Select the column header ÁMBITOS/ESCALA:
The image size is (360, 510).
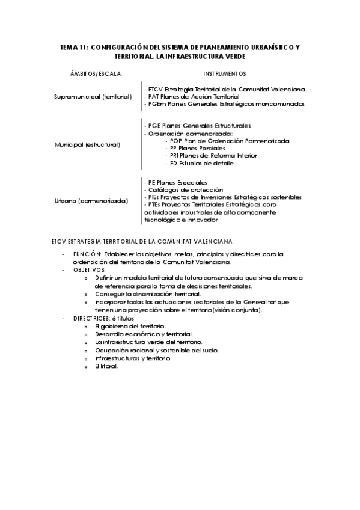click(x=96, y=74)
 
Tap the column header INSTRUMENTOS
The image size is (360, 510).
click(x=225, y=74)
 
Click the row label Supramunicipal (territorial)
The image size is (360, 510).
click(x=93, y=96)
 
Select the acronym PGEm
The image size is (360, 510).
click(x=156, y=103)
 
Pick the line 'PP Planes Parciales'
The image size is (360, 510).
click(x=198, y=148)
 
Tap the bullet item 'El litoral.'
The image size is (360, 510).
click(x=106, y=366)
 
